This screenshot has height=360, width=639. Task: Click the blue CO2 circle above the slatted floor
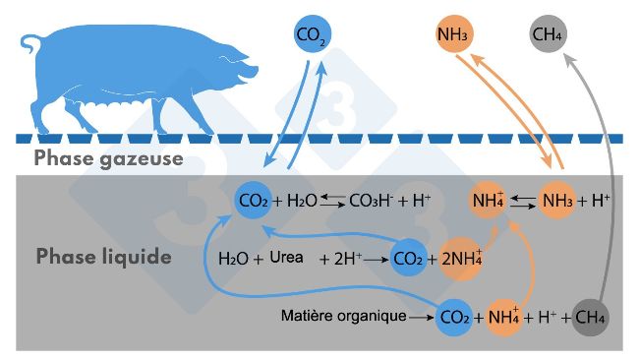[x=313, y=36]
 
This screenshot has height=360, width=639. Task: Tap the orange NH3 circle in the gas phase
[x=451, y=36]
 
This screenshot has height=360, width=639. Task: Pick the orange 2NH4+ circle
[x=457, y=260]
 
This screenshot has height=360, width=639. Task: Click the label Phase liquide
[x=104, y=257]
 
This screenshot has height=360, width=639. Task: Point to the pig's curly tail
[x=32, y=42]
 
